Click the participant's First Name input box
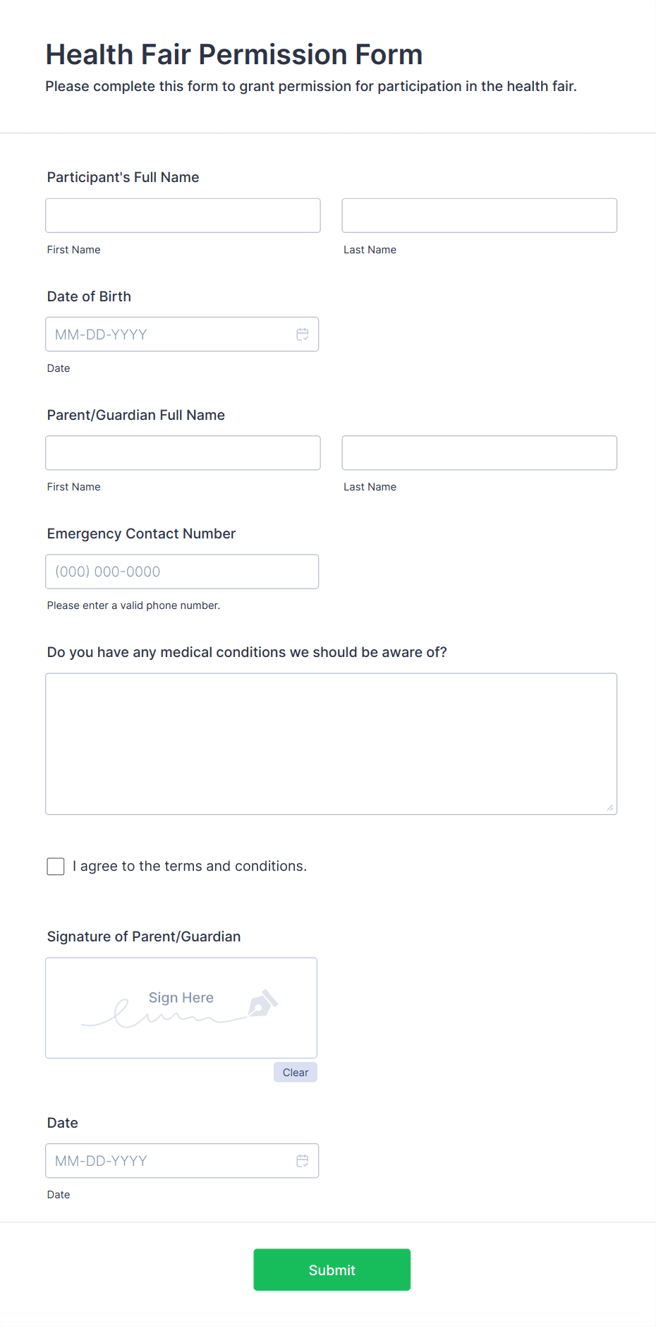pos(183,215)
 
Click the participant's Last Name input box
pos(479,215)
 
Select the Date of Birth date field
pos(169,334)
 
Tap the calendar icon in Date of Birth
pos(303,334)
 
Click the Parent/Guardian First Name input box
pos(183,453)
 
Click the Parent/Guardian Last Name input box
pos(479,453)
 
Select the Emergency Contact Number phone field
pos(182,572)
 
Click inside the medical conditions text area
pos(331,744)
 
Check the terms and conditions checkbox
pos(56,867)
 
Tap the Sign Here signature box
pos(181,1008)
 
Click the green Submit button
pos(332,1270)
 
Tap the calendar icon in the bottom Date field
pos(303,1161)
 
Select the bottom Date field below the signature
pos(169,1161)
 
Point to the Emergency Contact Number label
pos(141,534)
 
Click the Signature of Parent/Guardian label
pos(144,936)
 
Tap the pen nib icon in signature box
pos(262,1003)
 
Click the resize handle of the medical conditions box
pos(610,808)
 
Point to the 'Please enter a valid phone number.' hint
pos(133,605)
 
